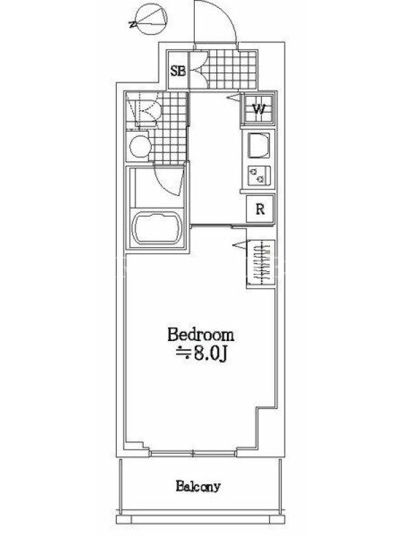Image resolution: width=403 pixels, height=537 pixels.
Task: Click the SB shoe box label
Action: coord(178,71)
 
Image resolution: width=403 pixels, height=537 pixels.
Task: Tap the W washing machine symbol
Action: coord(259,109)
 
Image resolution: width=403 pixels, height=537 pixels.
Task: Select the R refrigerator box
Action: coord(261,208)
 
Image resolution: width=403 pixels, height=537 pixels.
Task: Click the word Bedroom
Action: coord(201,335)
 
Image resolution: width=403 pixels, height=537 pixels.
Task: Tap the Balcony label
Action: coord(198,486)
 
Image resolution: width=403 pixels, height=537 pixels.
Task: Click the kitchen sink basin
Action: coord(259,146)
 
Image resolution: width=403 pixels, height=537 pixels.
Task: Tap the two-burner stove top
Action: coord(259,175)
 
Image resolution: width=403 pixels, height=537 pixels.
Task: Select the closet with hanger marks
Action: coord(261,262)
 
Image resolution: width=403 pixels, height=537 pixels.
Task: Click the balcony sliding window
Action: coord(193,454)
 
